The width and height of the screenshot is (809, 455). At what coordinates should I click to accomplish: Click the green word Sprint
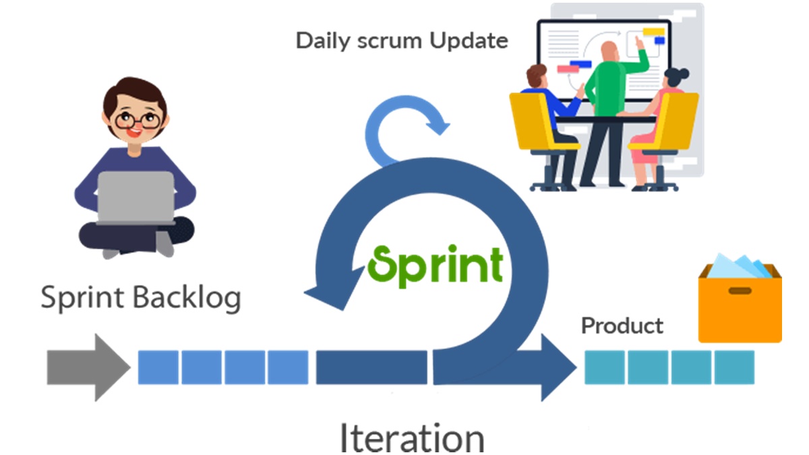[x=436, y=266]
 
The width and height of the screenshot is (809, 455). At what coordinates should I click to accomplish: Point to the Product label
[x=622, y=326]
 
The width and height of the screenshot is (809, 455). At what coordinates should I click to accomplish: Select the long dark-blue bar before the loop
[x=371, y=367]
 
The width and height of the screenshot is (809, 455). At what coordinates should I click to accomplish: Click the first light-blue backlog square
[x=158, y=367]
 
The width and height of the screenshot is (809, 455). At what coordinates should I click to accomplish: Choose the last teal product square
[x=734, y=367]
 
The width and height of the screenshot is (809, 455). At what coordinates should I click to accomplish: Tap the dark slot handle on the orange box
[x=740, y=291]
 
